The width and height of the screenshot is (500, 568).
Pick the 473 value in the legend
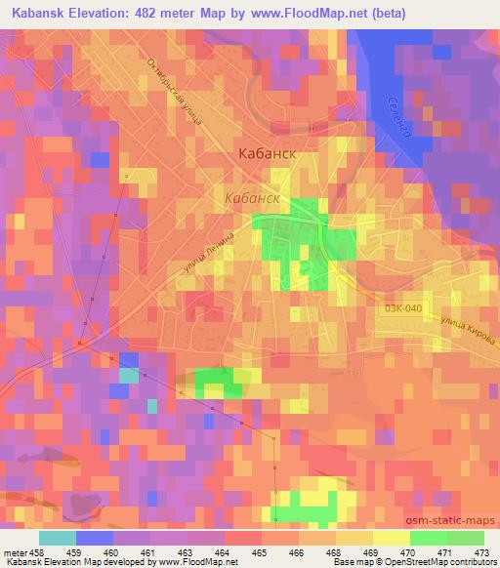tap(482, 551)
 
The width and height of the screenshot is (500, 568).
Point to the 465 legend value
tap(261, 551)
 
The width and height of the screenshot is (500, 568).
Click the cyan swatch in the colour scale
tap(58, 538)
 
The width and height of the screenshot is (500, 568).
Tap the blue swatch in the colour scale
tap(95, 538)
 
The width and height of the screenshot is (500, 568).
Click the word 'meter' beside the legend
tap(14, 551)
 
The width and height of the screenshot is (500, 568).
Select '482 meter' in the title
tap(172, 13)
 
